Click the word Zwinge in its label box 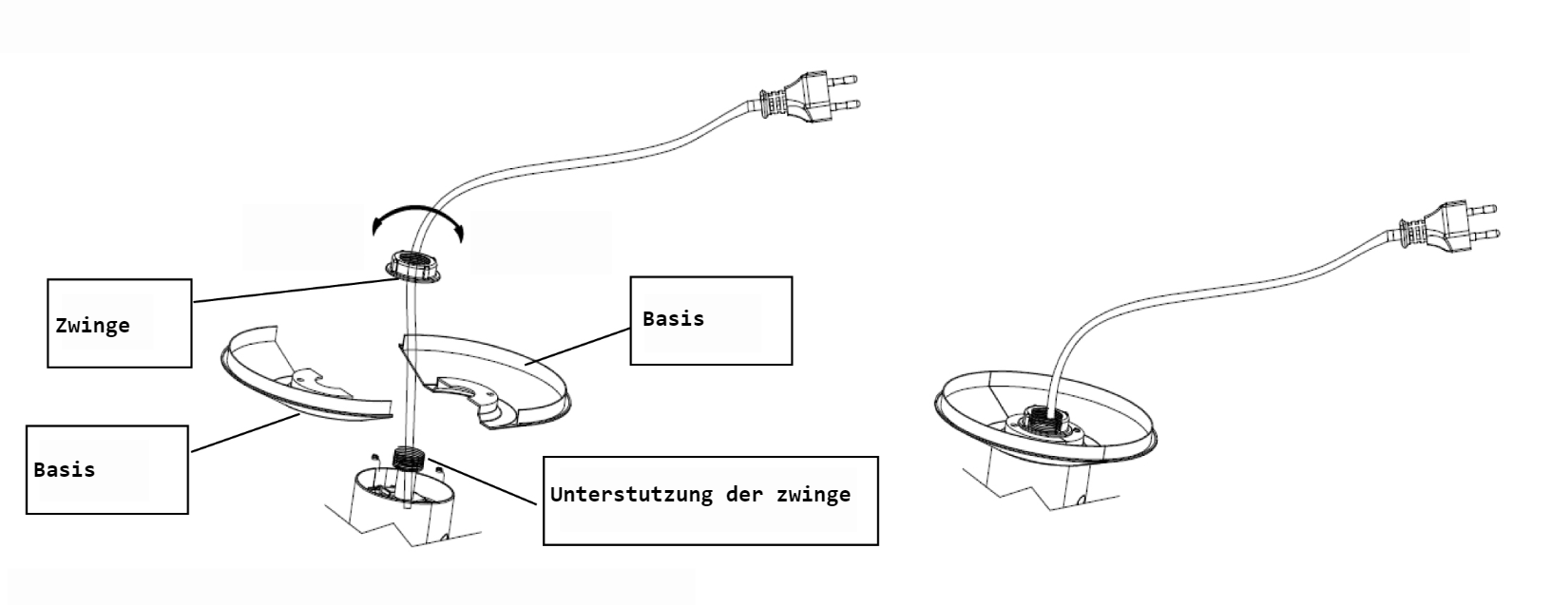[x=92, y=326]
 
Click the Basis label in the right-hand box [x=673, y=318]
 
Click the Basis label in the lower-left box [x=64, y=469]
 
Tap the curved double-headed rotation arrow [x=418, y=217]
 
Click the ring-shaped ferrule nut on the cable [x=416, y=265]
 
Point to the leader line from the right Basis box [x=580, y=346]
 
